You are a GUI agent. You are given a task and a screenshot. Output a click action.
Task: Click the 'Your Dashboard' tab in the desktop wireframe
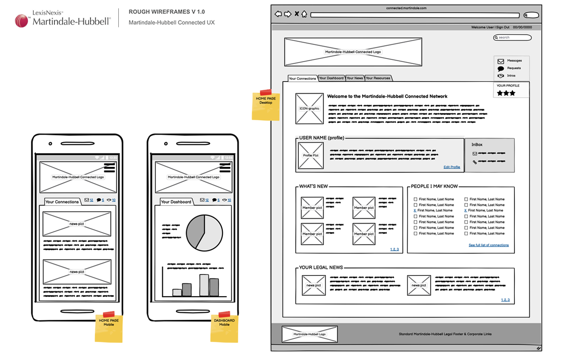point(331,78)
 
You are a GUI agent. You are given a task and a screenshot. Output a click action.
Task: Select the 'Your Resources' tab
point(378,78)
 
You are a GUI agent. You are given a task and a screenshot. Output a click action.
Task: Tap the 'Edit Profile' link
point(452,167)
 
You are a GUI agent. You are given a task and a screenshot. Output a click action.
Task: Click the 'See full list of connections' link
point(489,245)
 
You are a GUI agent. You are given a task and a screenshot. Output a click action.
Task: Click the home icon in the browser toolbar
point(304,14)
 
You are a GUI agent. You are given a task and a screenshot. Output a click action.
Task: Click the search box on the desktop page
point(513,37)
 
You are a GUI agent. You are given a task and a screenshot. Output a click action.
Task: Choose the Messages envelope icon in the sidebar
point(500,61)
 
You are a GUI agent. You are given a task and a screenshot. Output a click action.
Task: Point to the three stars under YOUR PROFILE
point(506,93)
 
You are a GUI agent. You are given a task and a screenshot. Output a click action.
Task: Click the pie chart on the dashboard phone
point(204,233)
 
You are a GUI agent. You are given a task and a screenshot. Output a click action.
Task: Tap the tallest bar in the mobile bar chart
point(204,285)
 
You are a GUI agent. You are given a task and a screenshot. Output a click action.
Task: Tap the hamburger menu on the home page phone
point(110,168)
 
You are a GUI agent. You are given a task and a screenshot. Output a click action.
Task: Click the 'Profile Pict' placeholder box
point(310,156)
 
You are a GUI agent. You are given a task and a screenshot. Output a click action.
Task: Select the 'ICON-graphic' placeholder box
point(309,108)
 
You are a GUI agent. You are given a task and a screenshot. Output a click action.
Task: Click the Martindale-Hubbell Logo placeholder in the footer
point(309,334)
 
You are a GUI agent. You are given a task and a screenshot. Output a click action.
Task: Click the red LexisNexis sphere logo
point(22,21)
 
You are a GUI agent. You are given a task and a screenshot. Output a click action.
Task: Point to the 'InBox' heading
point(477,145)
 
